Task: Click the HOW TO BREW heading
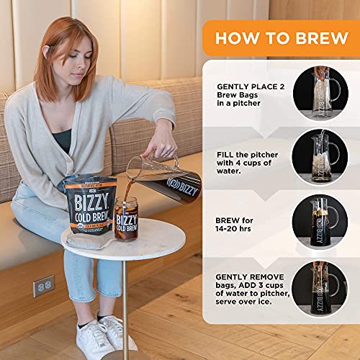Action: tap(280, 38)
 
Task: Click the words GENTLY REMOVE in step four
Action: tap(250, 276)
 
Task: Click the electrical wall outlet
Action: tap(43, 285)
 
